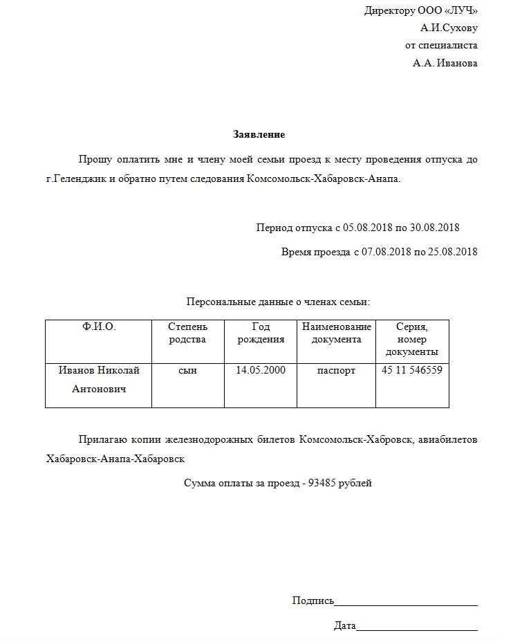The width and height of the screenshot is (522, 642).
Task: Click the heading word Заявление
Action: coord(259,134)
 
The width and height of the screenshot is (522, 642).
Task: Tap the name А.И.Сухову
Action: coord(448,28)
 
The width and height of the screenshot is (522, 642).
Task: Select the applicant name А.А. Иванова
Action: coord(445,63)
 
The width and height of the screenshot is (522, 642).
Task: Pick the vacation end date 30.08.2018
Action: coord(434,227)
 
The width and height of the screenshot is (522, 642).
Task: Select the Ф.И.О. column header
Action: coord(98,327)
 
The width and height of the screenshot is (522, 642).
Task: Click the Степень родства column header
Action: coord(187,333)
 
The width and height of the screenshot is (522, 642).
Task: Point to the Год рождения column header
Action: coord(261,333)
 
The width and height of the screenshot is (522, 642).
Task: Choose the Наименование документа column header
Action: coord(336,333)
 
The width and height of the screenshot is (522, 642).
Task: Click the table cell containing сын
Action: coord(187,371)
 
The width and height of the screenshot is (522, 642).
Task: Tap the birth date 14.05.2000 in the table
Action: coord(261,371)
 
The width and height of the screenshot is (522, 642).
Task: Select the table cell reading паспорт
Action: coord(336,371)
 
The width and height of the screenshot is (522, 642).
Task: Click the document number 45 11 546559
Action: coord(412,371)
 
